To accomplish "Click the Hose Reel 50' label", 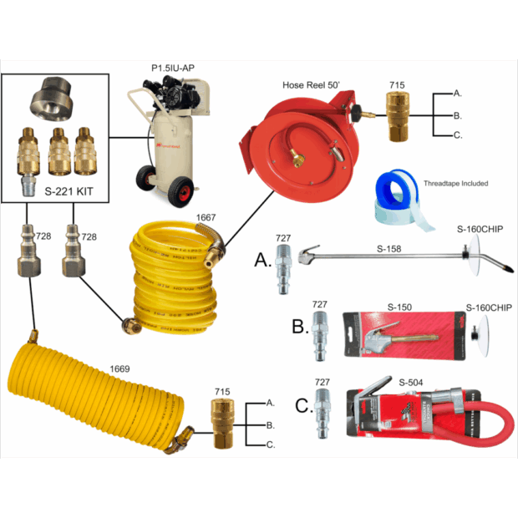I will click(x=318, y=84).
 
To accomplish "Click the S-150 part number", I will click(x=404, y=307).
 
